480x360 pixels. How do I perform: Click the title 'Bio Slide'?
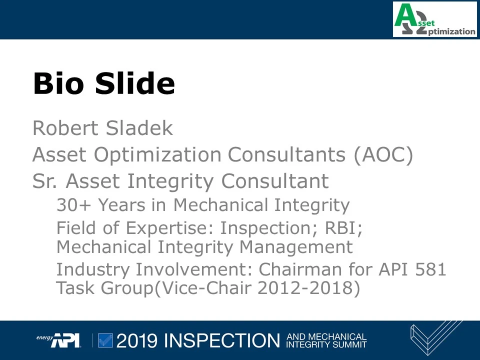point(104,83)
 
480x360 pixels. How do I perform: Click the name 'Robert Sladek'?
point(102,128)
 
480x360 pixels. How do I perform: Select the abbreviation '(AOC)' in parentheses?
point(383,155)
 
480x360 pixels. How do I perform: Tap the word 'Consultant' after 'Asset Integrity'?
point(275,181)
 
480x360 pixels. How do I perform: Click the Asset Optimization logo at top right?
point(434,19)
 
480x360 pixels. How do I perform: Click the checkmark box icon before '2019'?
point(105,340)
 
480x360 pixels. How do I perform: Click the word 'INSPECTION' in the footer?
point(222,340)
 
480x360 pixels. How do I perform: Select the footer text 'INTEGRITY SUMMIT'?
point(326,344)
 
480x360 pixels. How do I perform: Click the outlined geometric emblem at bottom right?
point(435,338)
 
